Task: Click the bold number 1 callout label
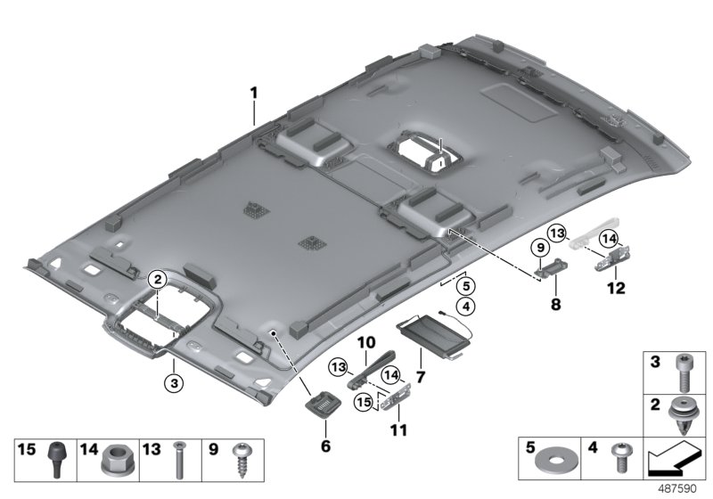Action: click(253, 94)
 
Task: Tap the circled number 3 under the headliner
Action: click(176, 383)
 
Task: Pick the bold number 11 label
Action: click(397, 430)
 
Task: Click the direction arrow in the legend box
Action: click(672, 460)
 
